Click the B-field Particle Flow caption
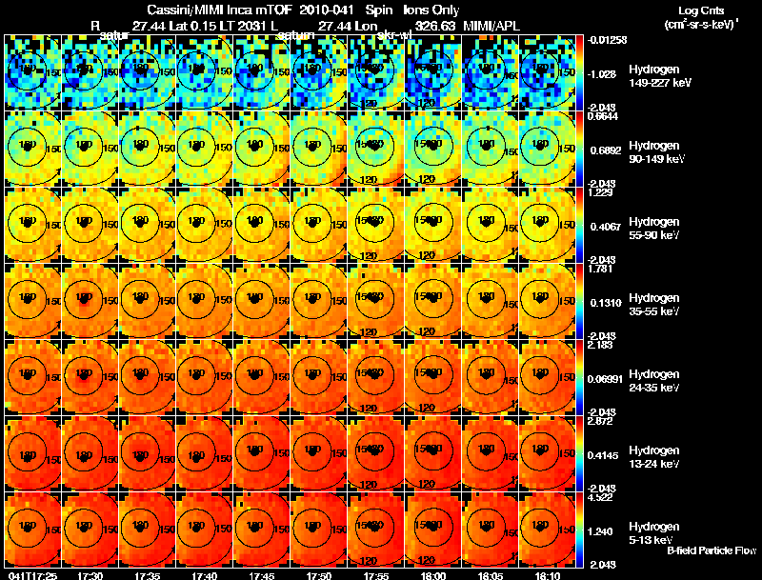[712, 550]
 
